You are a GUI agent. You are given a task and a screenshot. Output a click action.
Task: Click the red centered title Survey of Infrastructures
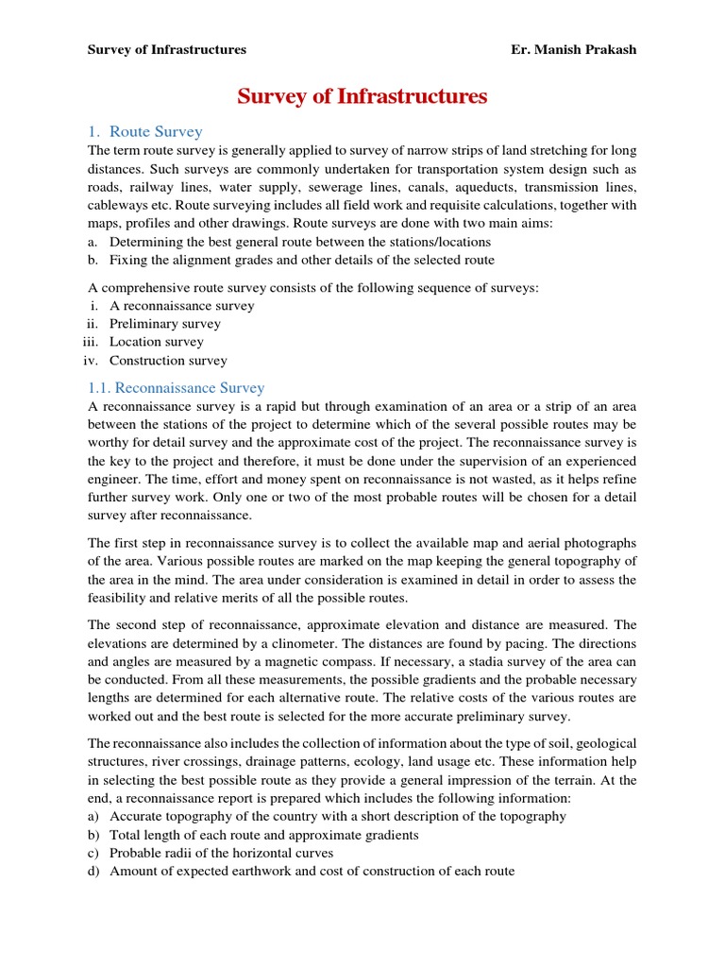[362, 96]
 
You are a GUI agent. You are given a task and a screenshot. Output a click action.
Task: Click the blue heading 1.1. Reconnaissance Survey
[176, 387]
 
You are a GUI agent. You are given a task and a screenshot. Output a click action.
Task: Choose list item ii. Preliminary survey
[164, 324]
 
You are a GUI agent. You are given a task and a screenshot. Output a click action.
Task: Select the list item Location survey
[156, 342]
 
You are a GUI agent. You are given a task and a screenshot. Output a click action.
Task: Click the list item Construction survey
[168, 360]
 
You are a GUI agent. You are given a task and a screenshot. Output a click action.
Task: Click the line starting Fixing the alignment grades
[301, 260]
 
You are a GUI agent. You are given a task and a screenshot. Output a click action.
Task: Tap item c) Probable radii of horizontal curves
[221, 853]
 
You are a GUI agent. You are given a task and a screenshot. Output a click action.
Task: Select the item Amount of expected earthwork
[312, 871]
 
